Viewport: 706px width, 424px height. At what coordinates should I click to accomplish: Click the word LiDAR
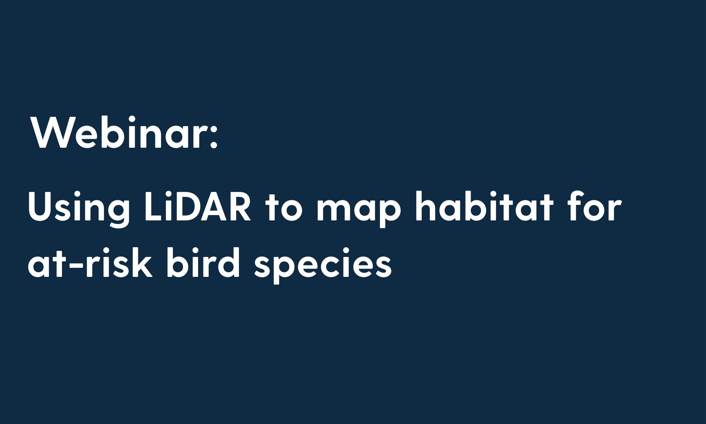197,206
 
